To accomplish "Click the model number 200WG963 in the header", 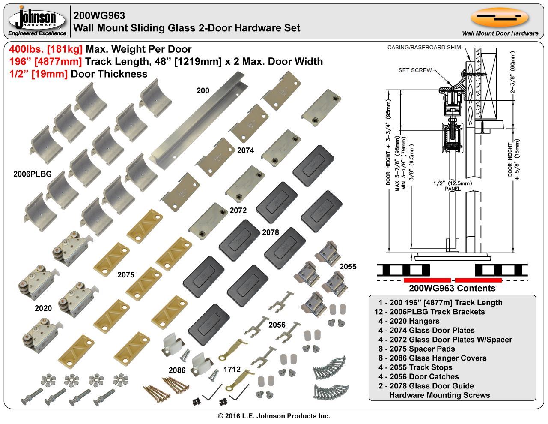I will (99, 16).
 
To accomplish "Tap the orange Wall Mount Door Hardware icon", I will (499, 18).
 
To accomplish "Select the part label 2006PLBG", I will (33, 174).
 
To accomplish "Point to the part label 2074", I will (245, 150).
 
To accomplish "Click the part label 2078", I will (271, 232).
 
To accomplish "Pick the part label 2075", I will (126, 275).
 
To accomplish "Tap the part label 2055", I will (348, 267).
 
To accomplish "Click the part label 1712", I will (232, 370).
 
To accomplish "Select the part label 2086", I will (177, 370).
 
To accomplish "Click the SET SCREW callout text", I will (415, 70).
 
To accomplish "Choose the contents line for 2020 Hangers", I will (408, 321).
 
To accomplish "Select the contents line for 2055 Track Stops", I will (415, 367).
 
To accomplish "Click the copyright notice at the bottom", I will (274, 416).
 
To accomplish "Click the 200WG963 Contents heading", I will (452, 288).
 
